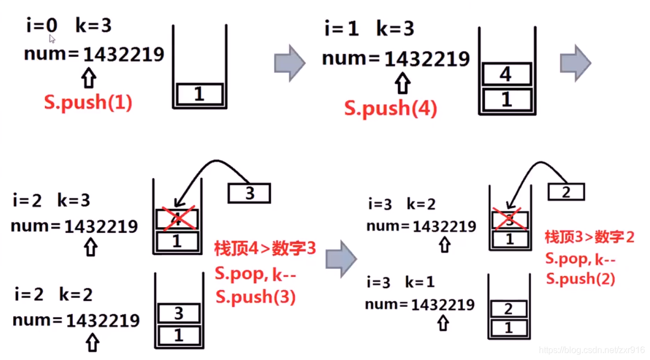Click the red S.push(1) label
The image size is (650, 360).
click(x=88, y=102)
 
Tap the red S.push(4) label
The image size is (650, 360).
click(x=391, y=108)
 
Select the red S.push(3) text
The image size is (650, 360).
click(x=255, y=297)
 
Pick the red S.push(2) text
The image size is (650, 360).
click(x=580, y=278)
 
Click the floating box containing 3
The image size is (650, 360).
click(x=249, y=194)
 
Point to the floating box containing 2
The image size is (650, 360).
click(x=566, y=192)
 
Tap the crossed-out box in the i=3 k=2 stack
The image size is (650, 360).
click(x=509, y=221)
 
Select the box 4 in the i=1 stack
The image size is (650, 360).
click(x=506, y=74)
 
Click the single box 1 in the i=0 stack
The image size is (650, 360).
click(x=199, y=94)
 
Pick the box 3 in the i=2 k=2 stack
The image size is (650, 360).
click(x=178, y=314)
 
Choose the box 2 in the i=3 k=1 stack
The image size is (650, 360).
click(x=509, y=309)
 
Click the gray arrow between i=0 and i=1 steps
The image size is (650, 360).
click(x=290, y=63)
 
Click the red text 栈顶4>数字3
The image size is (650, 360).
click(x=265, y=248)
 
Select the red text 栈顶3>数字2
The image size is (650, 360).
click(x=589, y=237)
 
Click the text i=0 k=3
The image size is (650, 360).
click(x=69, y=25)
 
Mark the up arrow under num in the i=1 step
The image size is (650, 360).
click(x=403, y=84)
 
